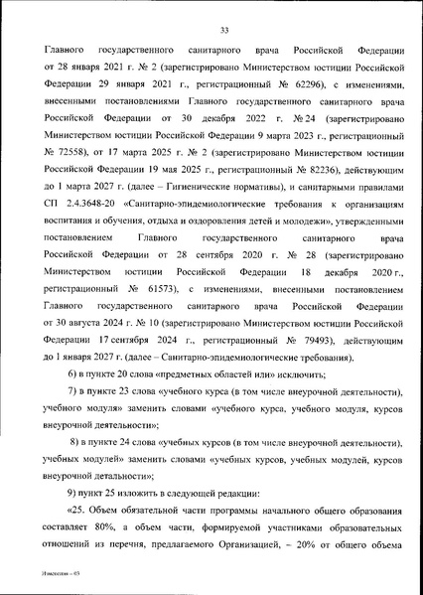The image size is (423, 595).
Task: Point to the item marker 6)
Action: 73,373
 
